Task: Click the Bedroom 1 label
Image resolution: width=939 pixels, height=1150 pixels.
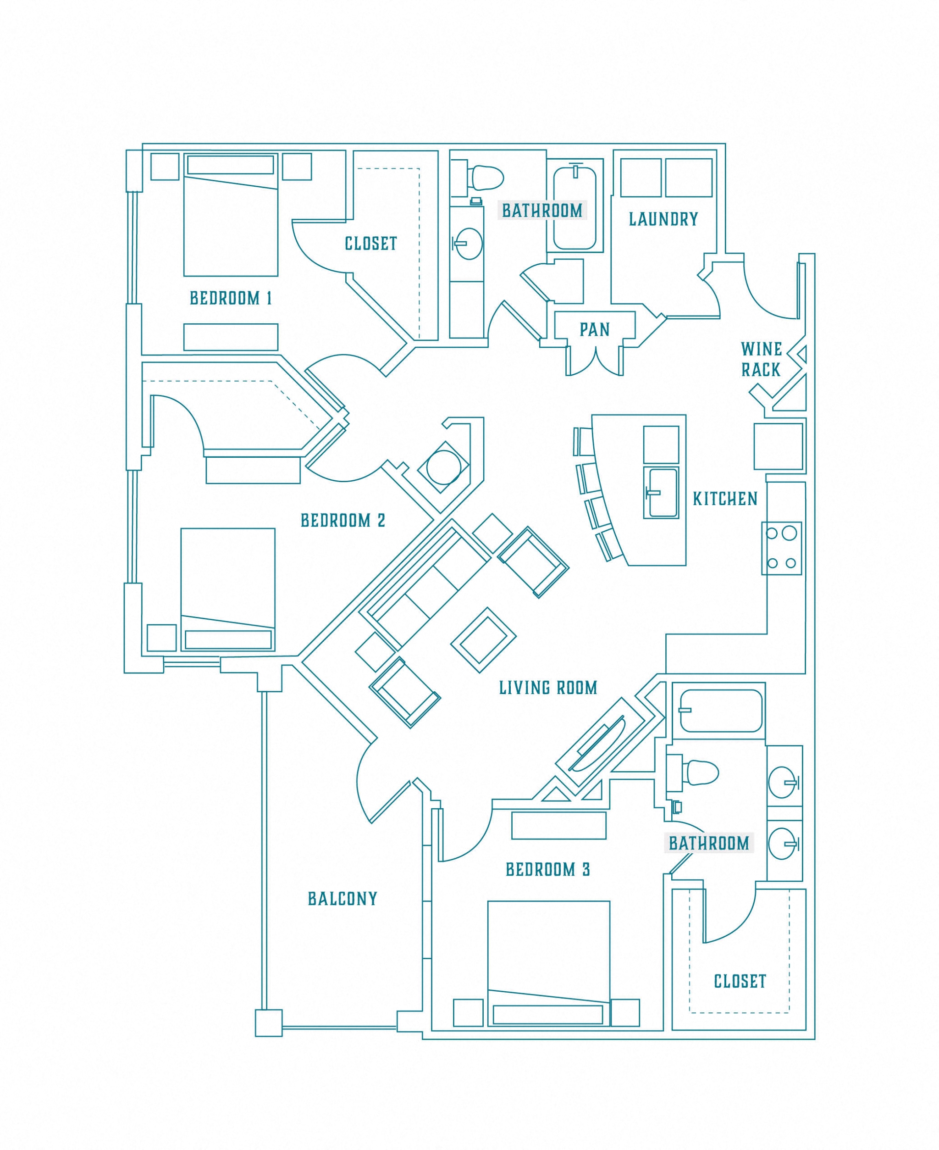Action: click(231, 298)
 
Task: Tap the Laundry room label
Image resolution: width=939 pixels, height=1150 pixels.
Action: click(663, 219)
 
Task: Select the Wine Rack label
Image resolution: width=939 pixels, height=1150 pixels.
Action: click(761, 359)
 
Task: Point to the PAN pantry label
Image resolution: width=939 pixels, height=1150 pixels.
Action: click(595, 329)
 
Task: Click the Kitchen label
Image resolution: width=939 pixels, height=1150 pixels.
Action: click(725, 499)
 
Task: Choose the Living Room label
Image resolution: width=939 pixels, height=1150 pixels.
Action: click(548, 688)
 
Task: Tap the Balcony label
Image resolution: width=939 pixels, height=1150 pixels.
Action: click(342, 899)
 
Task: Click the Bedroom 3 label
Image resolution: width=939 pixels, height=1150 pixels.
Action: click(548, 870)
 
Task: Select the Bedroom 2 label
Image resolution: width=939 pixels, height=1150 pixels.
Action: click(343, 521)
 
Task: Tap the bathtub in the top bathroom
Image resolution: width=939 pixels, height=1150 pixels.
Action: click(574, 207)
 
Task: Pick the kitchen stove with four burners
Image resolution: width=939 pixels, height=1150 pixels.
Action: click(781, 548)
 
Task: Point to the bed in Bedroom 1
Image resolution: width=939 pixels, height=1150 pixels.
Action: click(231, 215)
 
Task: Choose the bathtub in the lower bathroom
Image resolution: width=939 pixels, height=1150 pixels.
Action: click(720, 711)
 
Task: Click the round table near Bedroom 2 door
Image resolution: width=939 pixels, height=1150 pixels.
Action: click(443, 467)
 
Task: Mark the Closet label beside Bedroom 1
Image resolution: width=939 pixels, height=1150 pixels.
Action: click(371, 244)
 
